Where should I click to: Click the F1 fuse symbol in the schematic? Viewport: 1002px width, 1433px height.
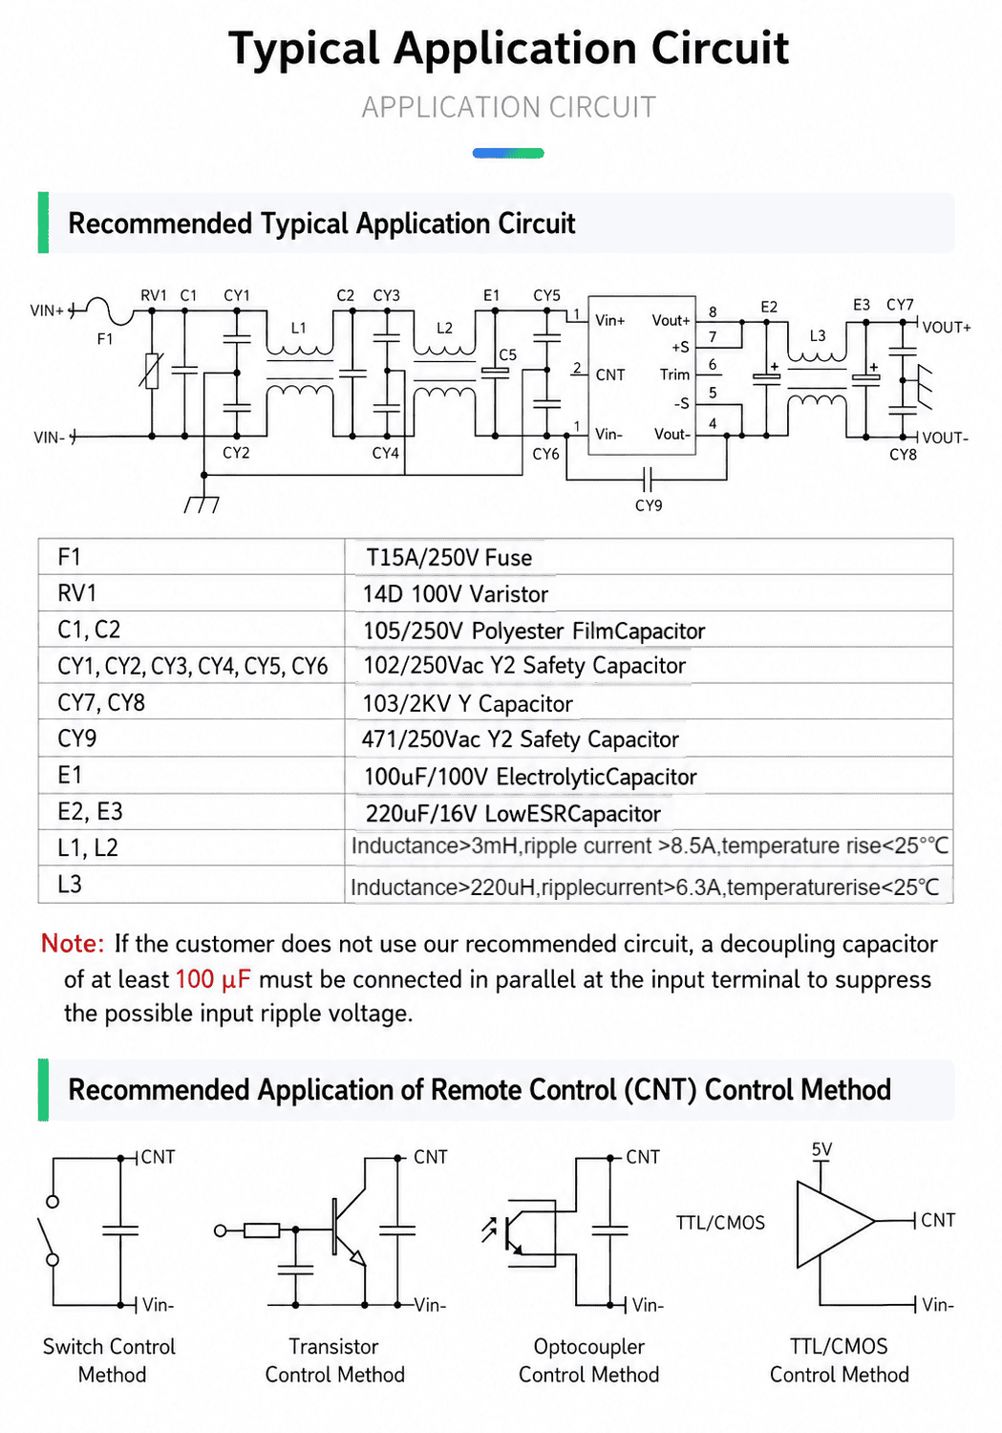point(109,310)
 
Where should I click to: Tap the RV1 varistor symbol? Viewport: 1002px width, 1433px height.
point(152,371)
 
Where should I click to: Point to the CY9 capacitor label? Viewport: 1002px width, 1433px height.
point(649,505)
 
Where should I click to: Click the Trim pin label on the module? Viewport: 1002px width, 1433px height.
point(674,374)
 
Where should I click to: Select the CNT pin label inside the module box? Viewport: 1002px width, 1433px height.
point(610,374)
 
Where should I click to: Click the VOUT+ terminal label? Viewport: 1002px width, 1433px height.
point(947,328)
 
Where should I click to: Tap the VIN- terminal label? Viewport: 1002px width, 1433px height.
point(50,438)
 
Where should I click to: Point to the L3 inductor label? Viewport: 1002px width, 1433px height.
point(818,336)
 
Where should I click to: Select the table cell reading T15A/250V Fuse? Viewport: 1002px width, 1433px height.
point(449,558)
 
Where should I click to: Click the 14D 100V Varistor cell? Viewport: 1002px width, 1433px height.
point(456,594)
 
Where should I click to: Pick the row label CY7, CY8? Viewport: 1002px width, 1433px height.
point(101,702)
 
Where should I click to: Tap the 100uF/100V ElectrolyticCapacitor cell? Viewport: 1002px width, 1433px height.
point(530,777)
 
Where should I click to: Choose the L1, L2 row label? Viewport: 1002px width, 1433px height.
point(88,847)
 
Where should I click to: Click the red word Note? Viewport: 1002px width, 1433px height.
point(73,944)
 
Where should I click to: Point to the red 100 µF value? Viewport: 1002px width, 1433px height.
point(213,979)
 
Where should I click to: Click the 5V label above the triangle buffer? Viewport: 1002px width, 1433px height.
point(821,1149)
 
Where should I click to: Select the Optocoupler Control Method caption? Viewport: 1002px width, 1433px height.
point(589,1360)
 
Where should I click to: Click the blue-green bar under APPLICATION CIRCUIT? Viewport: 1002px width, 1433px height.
point(508,153)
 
